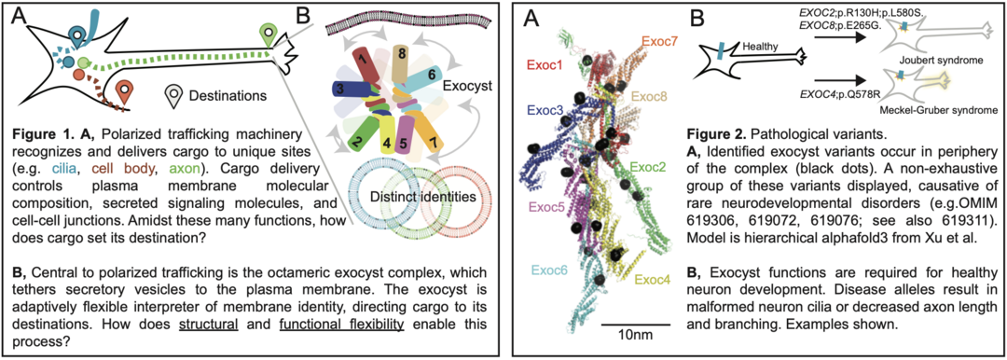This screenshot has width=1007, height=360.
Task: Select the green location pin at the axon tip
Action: click(x=269, y=35)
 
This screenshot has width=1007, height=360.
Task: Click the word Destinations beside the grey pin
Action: click(x=227, y=95)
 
